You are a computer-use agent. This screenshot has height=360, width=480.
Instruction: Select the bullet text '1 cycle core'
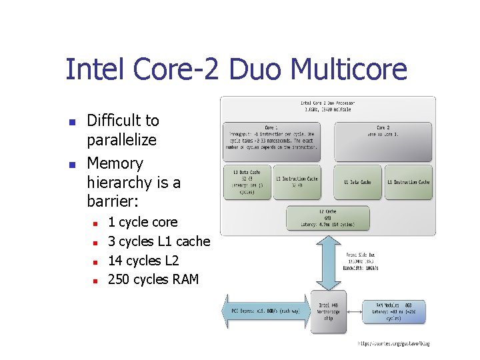(x=143, y=222)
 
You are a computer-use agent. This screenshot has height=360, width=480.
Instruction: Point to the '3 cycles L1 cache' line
(x=159, y=241)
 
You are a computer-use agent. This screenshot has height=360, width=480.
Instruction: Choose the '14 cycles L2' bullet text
(x=143, y=261)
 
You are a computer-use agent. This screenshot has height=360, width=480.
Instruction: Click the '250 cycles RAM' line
(x=153, y=279)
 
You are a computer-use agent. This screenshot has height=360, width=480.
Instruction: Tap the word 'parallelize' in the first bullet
(x=121, y=140)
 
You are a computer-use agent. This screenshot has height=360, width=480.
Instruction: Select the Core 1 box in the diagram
(x=271, y=141)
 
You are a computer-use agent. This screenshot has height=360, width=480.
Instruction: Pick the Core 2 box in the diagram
(x=383, y=141)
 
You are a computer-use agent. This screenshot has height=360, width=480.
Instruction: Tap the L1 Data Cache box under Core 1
(x=247, y=182)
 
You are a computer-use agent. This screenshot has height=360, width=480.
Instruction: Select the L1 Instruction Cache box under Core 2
(x=409, y=182)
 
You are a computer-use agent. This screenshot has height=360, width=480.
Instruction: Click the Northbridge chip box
(x=329, y=312)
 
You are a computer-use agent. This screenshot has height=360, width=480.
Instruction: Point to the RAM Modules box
(x=393, y=312)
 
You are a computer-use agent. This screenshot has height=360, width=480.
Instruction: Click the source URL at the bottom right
(x=394, y=343)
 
